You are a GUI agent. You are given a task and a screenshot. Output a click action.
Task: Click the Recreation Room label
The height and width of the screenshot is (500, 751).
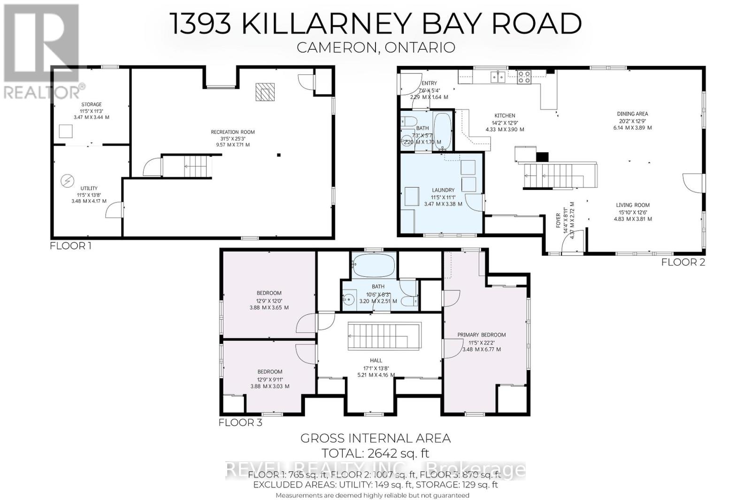click(x=232, y=132)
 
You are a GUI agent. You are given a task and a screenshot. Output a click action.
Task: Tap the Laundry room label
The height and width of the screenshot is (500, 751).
click(x=443, y=190)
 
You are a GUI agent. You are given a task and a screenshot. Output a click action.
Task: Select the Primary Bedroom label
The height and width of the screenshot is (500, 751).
click(x=482, y=335)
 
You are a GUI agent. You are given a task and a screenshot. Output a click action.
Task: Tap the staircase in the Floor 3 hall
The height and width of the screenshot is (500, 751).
click(x=384, y=336)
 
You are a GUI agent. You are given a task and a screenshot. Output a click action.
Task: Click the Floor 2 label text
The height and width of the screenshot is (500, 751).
click(x=683, y=262)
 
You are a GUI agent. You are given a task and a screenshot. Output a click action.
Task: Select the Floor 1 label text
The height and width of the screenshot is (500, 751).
click(x=70, y=245)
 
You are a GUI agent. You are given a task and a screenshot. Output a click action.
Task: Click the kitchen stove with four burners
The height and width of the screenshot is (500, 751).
click(x=524, y=77)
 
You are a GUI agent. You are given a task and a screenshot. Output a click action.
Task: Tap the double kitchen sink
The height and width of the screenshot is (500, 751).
click(x=498, y=77)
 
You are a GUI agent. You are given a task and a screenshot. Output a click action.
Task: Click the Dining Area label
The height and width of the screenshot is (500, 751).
click(x=632, y=114)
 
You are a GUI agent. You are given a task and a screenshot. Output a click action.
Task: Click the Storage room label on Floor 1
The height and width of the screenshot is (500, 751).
click(x=91, y=104)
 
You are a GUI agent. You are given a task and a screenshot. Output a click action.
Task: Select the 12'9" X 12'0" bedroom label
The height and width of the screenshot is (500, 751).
click(x=269, y=293)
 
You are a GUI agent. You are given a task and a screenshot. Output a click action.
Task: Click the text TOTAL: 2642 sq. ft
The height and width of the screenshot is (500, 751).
click(x=375, y=453)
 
